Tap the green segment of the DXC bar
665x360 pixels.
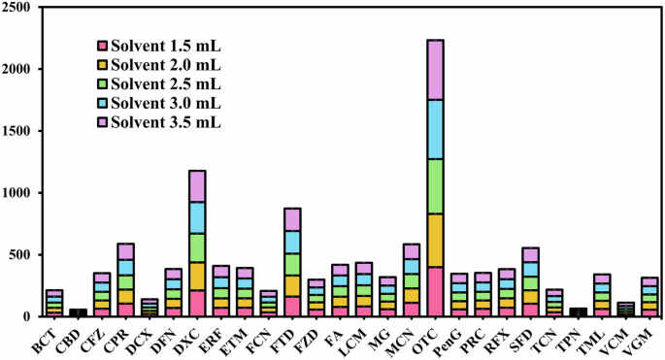(x=197, y=247)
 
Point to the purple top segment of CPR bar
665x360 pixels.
(x=126, y=251)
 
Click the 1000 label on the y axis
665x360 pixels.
(x=17, y=193)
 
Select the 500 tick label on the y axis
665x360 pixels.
(x=21, y=255)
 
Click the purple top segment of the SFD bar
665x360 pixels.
(x=531, y=255)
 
